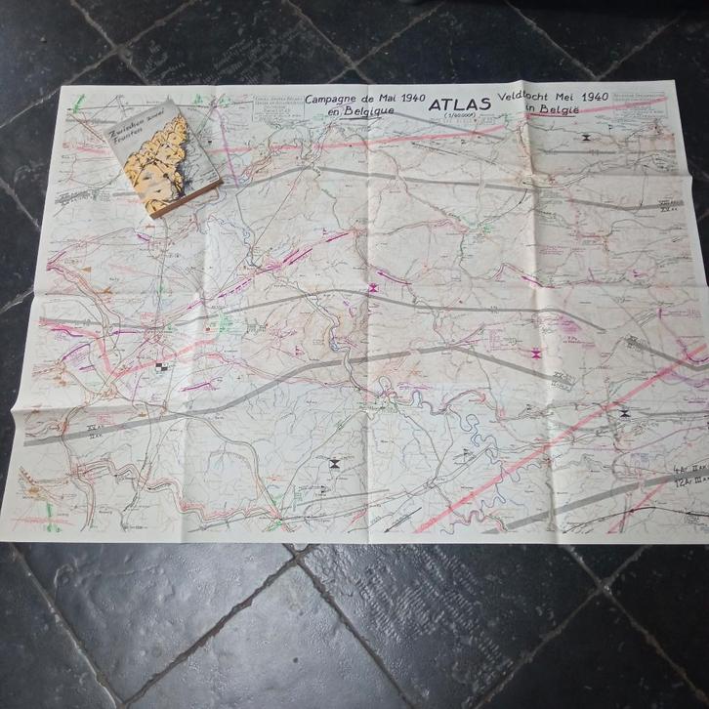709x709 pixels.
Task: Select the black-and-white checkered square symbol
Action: point(160,367)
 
